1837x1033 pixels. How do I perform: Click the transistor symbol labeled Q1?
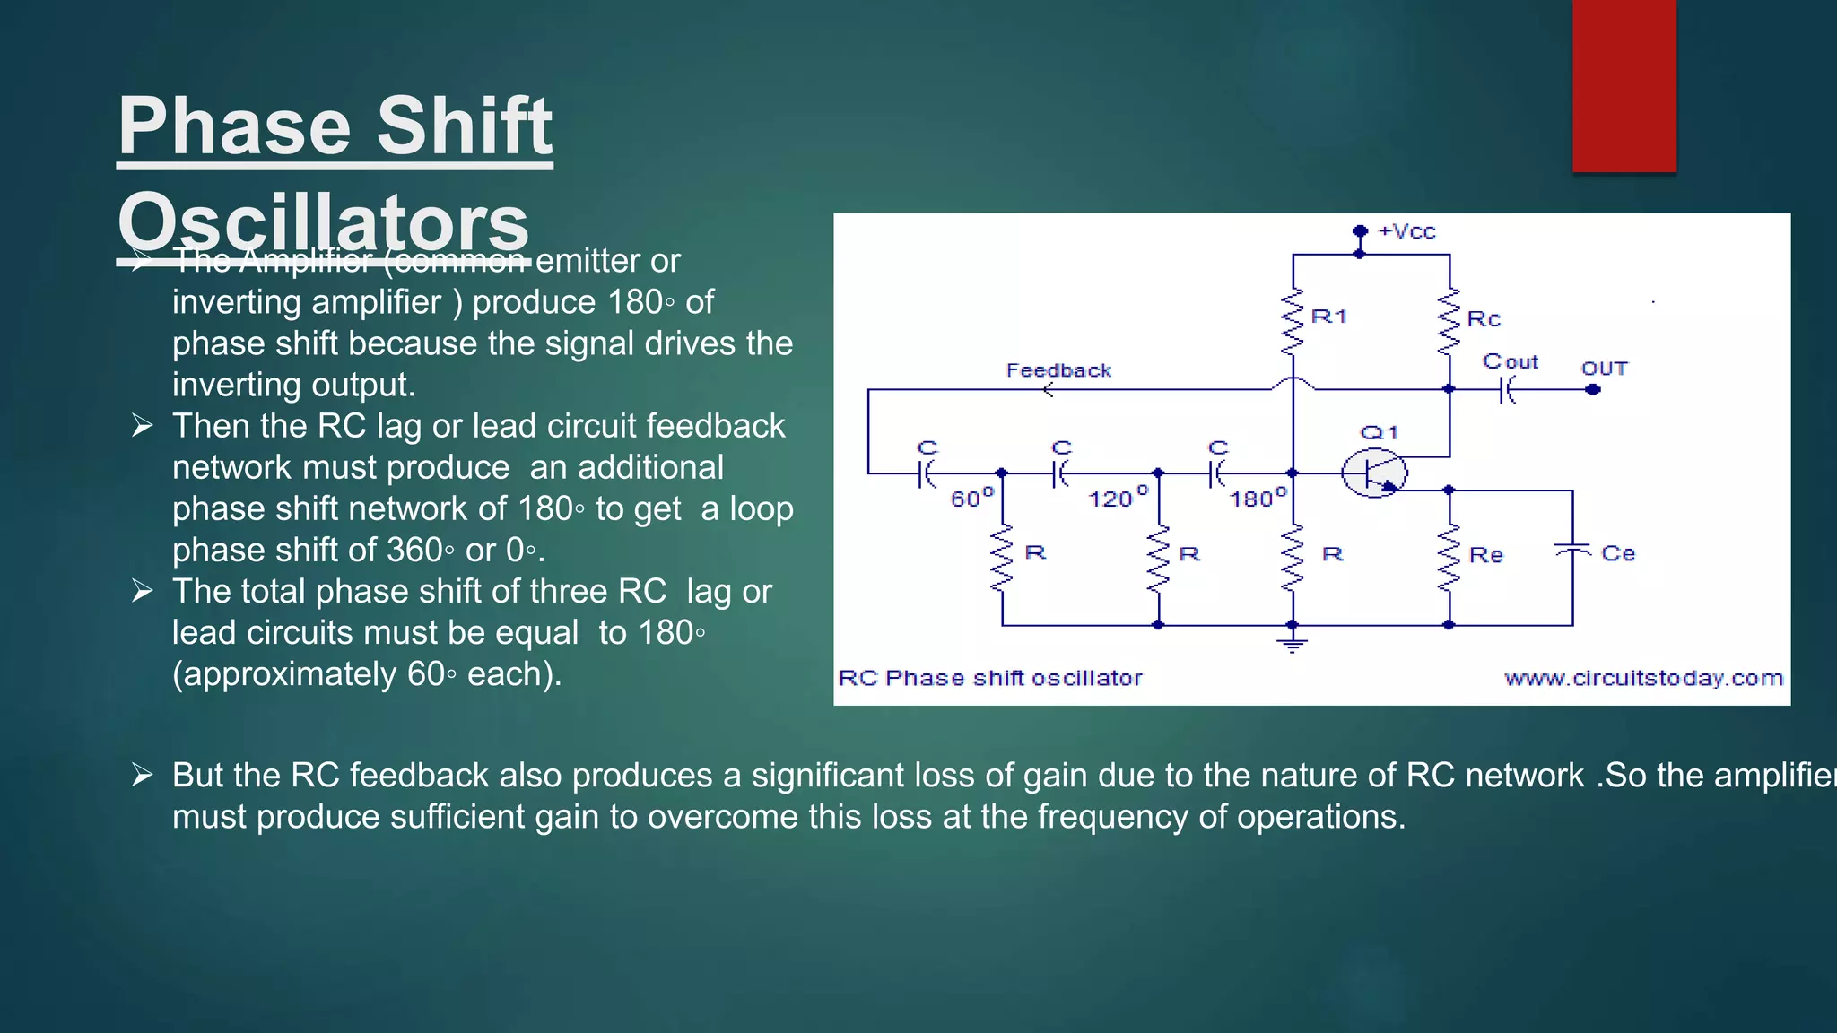point(1373,473)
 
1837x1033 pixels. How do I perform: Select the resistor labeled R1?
point(1293,321)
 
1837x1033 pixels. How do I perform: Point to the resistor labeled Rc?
point(1449,321)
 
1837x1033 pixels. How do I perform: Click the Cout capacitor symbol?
point(1507,390)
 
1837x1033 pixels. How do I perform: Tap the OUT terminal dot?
point(1593,390)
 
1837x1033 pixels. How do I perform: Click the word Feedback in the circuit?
point(1058,370)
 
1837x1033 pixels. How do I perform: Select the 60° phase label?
point(971,498)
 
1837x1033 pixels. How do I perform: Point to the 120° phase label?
point(1117,498)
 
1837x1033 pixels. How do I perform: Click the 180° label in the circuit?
point(1258,498)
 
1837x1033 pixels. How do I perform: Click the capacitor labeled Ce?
point(1571,549)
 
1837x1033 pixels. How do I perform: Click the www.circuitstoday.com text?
point(1643,679)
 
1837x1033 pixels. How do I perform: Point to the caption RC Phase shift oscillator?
point(990,679)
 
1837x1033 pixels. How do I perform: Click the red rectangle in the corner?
point(1624,85)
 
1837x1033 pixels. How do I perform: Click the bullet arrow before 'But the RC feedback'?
point(142,774)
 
